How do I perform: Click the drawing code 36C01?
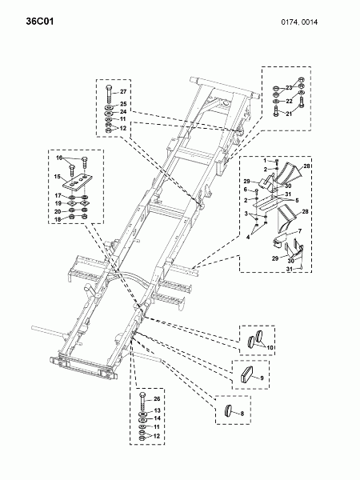[x=40, y=22]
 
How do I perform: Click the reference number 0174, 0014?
[x=299, y=22]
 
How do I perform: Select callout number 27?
[x=123, y=91]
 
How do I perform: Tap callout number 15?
[x=58, y=176]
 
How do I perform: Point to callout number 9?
[x=262, y=378]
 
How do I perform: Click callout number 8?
[x=242, y=414]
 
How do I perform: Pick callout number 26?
[x=157, y=399]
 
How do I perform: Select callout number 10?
[x=270, y=347]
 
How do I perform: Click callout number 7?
[x=300, y=231]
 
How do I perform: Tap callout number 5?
[x=297, y=201]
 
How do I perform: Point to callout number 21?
[x=289, y=114]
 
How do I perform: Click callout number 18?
[x=58, y=219]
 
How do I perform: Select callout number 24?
[x=123, y=112]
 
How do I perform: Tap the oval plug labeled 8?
[x=228, y=410]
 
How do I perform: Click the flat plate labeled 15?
[x=78, y=182]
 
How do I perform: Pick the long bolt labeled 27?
[x=110, y=95]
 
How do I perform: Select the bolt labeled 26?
[x=142, y=402]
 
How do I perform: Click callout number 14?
[x=157, y=418]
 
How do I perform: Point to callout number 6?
[x=246, y=190]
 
